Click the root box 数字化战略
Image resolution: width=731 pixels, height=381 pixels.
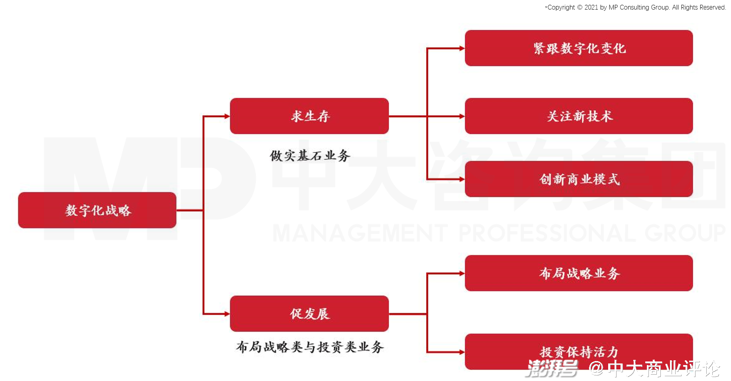[97, 210]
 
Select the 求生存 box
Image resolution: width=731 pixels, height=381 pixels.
[309, 116]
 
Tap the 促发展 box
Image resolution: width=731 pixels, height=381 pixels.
[309, 314]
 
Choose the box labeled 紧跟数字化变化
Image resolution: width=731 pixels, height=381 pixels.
[579, 48]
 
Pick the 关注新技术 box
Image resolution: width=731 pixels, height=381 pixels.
[579, 116]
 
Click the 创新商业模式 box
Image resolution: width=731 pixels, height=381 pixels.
[579, 179]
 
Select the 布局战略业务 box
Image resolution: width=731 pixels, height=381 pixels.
[579, 273]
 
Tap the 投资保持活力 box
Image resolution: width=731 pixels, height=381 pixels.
[579, 352]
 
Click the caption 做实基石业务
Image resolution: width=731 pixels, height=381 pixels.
[310, 155]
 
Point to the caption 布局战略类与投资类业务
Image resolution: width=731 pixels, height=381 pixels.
[310, 347]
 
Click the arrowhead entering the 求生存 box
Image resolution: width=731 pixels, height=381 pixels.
[227, 116]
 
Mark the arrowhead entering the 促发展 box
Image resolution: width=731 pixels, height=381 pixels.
[227, 314]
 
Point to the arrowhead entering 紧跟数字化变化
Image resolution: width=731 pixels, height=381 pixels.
[462, 48]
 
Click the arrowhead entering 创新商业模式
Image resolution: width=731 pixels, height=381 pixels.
[462, 179]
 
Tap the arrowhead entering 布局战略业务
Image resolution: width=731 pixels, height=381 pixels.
[462, 273]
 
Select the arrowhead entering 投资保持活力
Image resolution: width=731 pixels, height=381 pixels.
[462, 352]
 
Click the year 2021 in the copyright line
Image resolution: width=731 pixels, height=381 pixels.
[591, 7]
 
